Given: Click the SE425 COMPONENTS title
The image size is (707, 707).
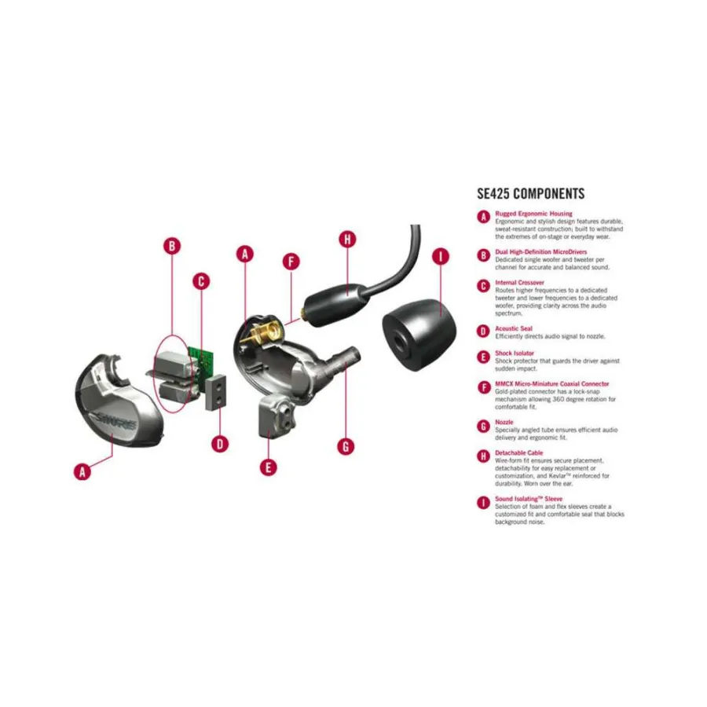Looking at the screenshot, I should point(530,194).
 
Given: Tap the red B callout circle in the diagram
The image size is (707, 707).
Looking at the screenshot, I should point(172,246).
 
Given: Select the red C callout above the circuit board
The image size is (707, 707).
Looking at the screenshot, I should point(201,280).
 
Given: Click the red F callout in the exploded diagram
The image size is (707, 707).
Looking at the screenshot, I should point(291,262).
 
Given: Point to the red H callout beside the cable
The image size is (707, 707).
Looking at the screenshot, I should point(347,240).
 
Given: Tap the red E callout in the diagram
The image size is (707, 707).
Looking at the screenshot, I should point(269,467).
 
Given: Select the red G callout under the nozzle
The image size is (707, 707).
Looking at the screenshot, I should point(346,445).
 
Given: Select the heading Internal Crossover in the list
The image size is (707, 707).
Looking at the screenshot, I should point(519,282).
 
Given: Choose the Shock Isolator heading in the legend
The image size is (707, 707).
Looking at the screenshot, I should point(515,353).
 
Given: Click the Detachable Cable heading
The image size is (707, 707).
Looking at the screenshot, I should point(518,453).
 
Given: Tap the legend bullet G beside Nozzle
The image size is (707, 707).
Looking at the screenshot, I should point(484,425).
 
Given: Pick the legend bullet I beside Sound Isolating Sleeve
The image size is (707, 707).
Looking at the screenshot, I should point(484,501).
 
